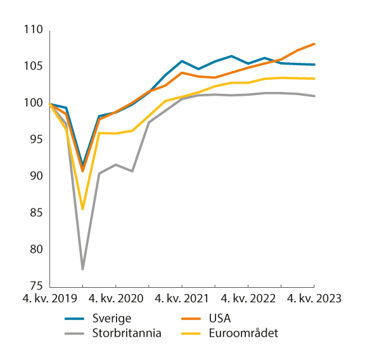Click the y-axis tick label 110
[34, 30]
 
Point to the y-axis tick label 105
[34, 67]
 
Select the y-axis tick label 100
[34, 103]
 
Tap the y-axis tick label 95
[36, 139]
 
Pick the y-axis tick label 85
[36, 212]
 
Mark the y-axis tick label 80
[36, 249]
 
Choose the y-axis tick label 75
[36, 286]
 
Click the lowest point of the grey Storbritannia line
[83, 269]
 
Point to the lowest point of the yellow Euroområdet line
[83, 209]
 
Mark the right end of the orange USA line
[314, 44]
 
